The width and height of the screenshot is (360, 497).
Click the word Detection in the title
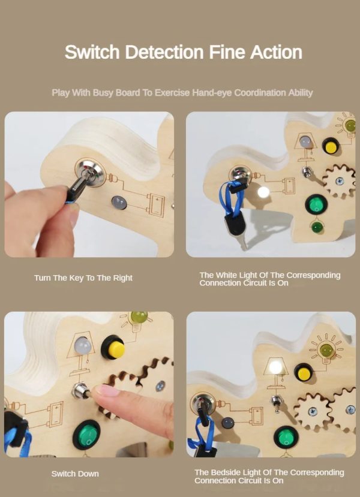[x=164, y=52]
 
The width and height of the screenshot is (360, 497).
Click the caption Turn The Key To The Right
[x=83, y=278]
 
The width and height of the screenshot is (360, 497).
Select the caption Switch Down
[x=75, y=474]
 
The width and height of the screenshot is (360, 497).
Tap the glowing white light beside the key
[x=263, y=192]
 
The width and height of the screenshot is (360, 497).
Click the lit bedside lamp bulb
[x=275, y=367]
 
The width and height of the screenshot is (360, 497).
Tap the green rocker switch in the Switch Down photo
[x=86, y=435]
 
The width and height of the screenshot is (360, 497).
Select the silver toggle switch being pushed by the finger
[x=80, y=391]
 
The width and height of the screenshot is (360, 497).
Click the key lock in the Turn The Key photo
[x=91, y=173]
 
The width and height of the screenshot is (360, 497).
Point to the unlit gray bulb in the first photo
[x=119, y=202]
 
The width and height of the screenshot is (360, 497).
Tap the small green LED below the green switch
[x=316, y=227]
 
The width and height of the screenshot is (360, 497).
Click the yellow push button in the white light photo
[x=331, y=146]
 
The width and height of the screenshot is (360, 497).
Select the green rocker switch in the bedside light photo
[x=286, y=438]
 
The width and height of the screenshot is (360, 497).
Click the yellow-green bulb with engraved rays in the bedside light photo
[x=326, y=350]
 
